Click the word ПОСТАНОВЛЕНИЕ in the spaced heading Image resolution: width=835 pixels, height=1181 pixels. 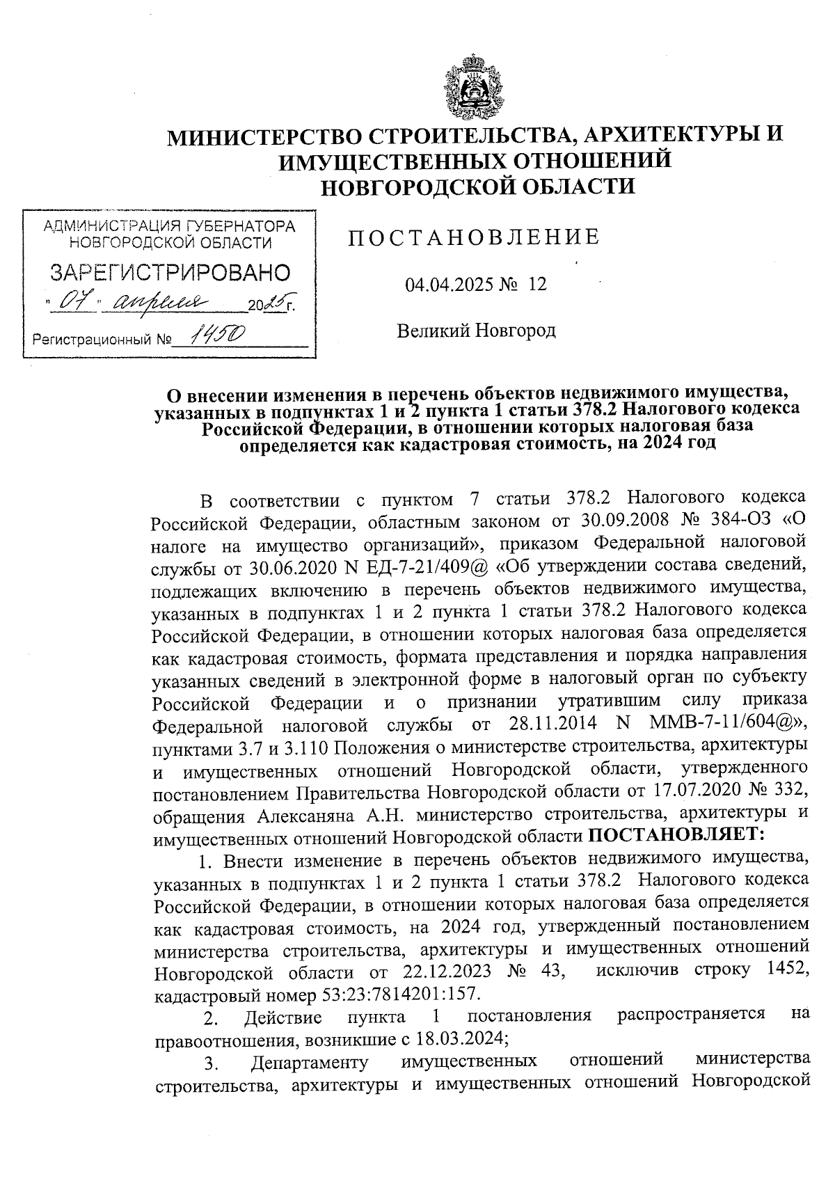[474, 238]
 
